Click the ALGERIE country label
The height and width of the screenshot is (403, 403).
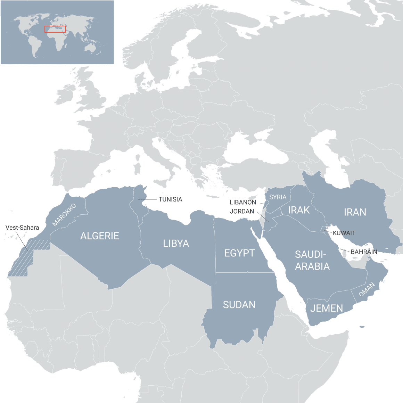pos(100,236)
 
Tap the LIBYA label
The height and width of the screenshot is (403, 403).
pos(176,244)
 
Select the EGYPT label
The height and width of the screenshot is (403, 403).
pos(239,253)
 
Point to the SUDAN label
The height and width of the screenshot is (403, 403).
pos(239,305)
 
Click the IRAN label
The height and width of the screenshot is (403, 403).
pos(355,212)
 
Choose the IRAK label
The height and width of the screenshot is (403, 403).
pos(299,210)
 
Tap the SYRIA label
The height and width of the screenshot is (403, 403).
pos(278,197)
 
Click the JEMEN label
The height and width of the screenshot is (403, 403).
pos(327,308)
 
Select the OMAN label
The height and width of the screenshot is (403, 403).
pos(367,290)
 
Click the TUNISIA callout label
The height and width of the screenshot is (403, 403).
pos(170,199)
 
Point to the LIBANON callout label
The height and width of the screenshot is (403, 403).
pos(243,202)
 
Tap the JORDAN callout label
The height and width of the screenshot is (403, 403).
pos(242,211)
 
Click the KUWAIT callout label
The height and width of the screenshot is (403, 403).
pos(344,233)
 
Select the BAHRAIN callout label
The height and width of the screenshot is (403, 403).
pos(364,252)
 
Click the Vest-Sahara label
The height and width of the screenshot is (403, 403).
pos(22,228)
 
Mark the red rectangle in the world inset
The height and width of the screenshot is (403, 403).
pos(55,29)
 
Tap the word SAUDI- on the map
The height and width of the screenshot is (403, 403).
pos(311,255)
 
